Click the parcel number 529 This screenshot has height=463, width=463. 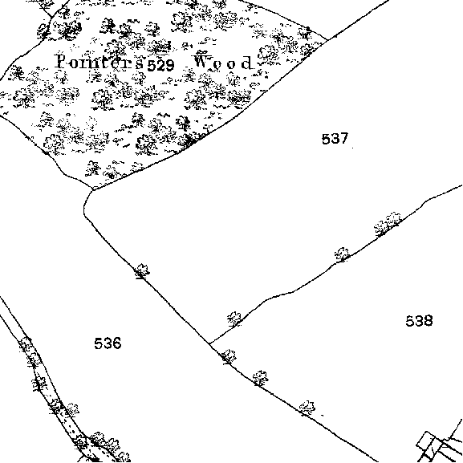click(x=160, y=65)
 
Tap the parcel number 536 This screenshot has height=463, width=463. click(x=108, y=343)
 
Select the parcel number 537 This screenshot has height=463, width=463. click(x=335, y=139)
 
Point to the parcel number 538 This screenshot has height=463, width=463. click(x=419, y=321)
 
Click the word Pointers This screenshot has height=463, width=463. click(x=100, y=62)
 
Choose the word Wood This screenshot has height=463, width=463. click(x=224, y=62)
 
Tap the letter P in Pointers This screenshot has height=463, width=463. click(x=62, y=61)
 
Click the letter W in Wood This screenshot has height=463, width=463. click(x=204, y=60)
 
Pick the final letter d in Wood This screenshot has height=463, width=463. click(x=247, y=63)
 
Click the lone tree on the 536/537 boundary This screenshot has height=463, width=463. click(x=142, y=271)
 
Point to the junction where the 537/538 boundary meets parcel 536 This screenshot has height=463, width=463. click(x=209, y=343)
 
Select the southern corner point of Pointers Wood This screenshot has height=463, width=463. click(x=94, y=189)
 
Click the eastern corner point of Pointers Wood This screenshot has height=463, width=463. click(x=327, y=40)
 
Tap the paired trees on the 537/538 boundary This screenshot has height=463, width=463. click(x=388, y=224)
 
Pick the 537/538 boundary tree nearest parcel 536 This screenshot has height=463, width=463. click(x=234, y=319)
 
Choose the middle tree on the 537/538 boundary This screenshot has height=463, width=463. click(x=342, y=254)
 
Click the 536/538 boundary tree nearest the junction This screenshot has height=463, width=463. click(x=229, y=357)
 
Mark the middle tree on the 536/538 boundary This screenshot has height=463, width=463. click(x=260, y=378)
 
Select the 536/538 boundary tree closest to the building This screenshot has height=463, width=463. click(x=307, y=408)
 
